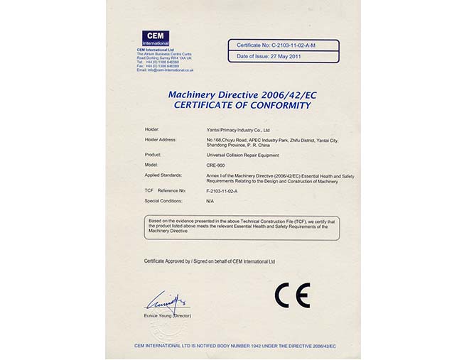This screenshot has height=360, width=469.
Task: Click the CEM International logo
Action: point(156,37)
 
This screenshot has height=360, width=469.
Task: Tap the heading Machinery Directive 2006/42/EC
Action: point(242,94)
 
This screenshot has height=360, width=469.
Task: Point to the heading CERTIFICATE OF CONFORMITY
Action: point(242,105)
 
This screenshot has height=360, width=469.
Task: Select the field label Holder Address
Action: point(160,141)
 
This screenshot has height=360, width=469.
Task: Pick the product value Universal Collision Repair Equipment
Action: point(242,155)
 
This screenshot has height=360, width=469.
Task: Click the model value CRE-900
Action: point(215,165)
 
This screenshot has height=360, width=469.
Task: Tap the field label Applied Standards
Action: point(163,175)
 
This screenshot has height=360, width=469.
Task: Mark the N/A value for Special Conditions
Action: point(210,201)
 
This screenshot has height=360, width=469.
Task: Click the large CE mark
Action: point(293,295)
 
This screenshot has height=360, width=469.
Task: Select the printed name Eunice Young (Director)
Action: point(168,316)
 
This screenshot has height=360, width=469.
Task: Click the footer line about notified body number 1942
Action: point(234,345)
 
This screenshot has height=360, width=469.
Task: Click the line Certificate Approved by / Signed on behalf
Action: point(209,261)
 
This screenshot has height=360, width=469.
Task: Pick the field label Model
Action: point(151,165)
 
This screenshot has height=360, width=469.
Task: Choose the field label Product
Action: point(153,155)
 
